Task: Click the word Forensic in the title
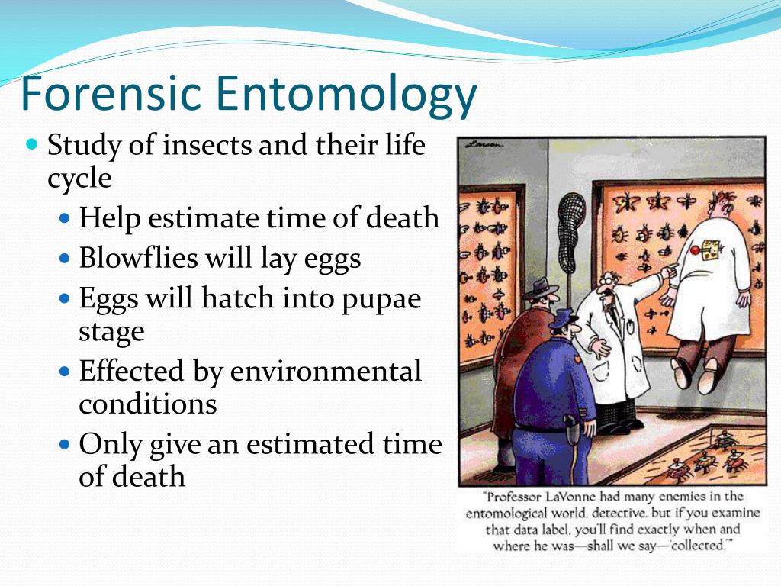[111, 93]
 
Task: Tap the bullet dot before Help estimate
[65, 218]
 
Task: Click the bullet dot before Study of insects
[32, 145]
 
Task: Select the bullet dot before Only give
[65, 444]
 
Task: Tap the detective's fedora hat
[541, 289]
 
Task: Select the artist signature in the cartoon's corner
[484, 146]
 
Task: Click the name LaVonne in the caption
[570, 497]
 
